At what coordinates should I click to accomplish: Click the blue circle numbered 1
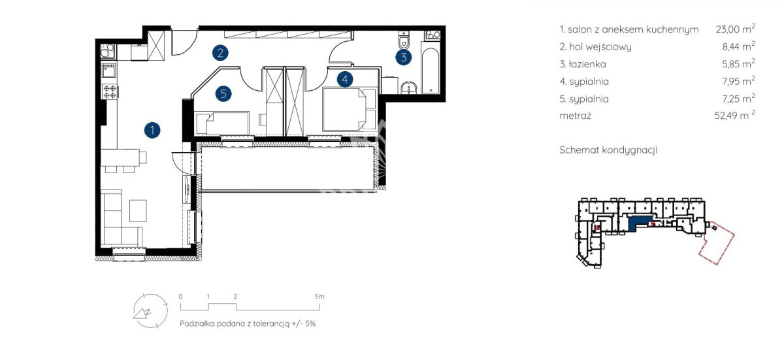[x=152, y=130]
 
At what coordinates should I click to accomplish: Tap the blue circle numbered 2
[x=221, y=53]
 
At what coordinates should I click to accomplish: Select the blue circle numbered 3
[x=404, y=57]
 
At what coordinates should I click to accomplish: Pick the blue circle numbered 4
[x=345, y=80]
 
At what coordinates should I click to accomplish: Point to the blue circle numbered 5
[x=223, y=94]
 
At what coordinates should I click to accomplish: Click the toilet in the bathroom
[x=404, y=41]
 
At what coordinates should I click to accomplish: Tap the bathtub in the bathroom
[x=430, y=71]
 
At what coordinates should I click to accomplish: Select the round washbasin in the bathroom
[x=408, y=88]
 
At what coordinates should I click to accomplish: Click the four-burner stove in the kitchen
[x=110, y=91]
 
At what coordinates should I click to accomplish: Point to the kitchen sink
[x=109, y=71]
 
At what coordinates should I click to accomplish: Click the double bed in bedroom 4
[x=350, y=109]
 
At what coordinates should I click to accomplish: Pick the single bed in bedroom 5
[x=222, y=123]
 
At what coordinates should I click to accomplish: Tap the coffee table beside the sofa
[x=138, y=210]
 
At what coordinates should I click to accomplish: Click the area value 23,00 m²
[x=736, y=29]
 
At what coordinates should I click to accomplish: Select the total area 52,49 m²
[x=734, y=115]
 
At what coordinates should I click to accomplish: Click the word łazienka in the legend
[x=587, y=64]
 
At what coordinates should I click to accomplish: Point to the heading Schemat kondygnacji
[x=608, y=150]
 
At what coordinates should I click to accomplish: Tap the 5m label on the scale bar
[x=319, y=297]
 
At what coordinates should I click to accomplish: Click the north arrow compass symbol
[x=150, y=310]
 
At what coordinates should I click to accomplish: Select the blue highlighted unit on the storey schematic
[x=638, y=223]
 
